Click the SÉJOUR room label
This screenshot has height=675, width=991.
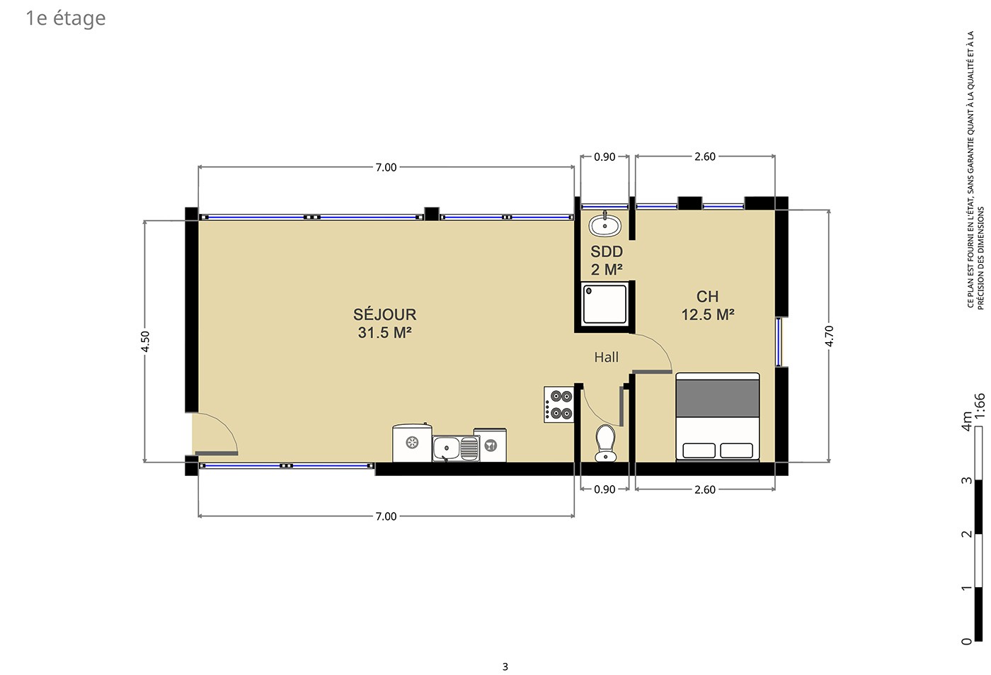pos(384,314)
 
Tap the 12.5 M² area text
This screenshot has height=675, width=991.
pos(708,314)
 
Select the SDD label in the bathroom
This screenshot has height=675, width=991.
pos(607,251)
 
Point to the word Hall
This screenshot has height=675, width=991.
pos(606,357)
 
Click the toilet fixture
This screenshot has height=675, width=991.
pos(605,443)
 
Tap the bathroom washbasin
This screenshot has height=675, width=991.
pos(605,225)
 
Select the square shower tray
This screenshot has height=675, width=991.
pos(605,304)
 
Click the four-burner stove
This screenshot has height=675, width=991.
pos(558,404)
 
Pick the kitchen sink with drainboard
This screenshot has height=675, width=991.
pos(456,448)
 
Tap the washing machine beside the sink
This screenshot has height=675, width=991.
pos(490,445)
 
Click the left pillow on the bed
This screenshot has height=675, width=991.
pos(699,450)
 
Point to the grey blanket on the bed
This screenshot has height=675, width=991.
pos(718,398)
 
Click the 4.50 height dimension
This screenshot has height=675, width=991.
pos(145,341)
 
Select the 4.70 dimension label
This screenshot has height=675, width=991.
pos(829,336)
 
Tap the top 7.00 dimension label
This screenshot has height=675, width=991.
pos(386,167)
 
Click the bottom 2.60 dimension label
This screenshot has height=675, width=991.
pos(705,489)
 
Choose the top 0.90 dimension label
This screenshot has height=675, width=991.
pos(605,157)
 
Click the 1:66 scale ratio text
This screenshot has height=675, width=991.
pos(980,405)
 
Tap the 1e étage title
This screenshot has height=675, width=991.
pos(65,18)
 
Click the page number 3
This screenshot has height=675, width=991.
pos(505,667)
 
